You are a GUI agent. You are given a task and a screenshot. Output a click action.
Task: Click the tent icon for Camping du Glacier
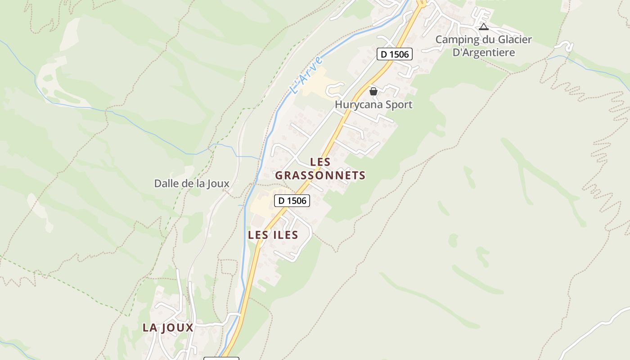(x=484, y=27)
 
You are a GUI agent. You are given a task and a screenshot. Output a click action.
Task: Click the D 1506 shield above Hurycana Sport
(x=395, y=54)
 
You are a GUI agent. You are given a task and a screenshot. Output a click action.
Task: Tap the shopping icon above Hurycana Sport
(x=373, y=91)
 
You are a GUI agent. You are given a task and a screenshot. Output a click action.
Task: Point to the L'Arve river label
(x=307, y=75)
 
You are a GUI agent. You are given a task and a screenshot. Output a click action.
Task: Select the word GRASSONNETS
(x=320, y=175)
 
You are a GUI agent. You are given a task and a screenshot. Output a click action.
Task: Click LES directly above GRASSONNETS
(x=320, y=162)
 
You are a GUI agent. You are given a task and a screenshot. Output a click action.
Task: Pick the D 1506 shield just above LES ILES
(x=292, y=201)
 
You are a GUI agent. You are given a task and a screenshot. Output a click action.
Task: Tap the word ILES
(x=286, y=235)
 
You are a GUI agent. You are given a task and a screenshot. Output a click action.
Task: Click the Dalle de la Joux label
(x=192, y=184)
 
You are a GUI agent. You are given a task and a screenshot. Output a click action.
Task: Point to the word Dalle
(x=165, y=184)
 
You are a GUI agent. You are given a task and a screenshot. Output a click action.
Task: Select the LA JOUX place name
(x=168, y=328)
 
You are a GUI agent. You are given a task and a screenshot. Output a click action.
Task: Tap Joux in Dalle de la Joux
(x=218, y=184)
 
